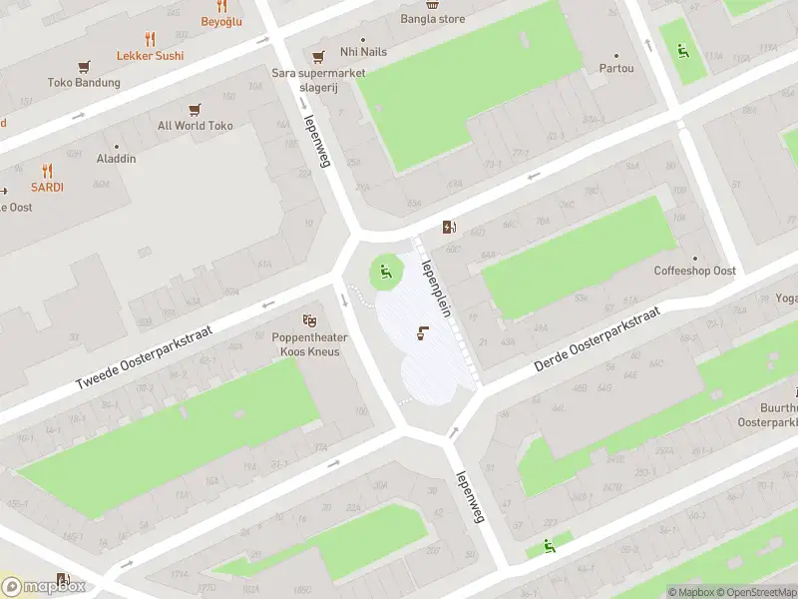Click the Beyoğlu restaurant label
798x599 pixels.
tap(221, 21)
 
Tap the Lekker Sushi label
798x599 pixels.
tap(150, 55)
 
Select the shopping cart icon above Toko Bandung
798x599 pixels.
tap(84, 66)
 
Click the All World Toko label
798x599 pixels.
tap(195, 126)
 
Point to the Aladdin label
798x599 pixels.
tap(116, 159)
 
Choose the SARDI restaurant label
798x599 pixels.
tap(46, 187)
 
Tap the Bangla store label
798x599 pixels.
tap(432, 18)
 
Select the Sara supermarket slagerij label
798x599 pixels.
tap(318, 79)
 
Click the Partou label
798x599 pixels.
tap(615, 68)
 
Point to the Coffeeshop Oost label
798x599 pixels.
tap(694, 271)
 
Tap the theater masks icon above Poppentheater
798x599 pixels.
tap(310, 320)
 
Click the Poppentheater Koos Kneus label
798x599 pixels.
tap(309, 344)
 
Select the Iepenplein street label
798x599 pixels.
tap(437, 288)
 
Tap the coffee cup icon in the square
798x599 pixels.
tap(423, 333)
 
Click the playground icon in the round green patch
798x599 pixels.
tap(385, 269)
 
